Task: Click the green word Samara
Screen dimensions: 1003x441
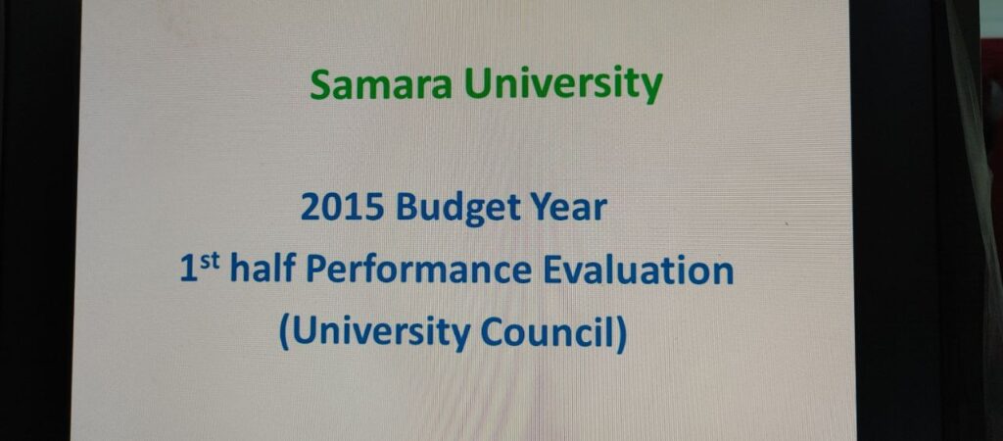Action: click(380, 84)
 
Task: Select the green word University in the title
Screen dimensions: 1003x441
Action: click(563, 85)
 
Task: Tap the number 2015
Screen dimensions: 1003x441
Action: click(342, 207)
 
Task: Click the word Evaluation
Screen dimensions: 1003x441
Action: click(638, 269)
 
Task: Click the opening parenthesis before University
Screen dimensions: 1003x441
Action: click(284, 333)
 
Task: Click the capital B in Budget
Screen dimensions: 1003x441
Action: click(406, 207)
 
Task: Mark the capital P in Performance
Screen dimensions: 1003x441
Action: click(315, 269)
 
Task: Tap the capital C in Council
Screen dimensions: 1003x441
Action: click(493, 332)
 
